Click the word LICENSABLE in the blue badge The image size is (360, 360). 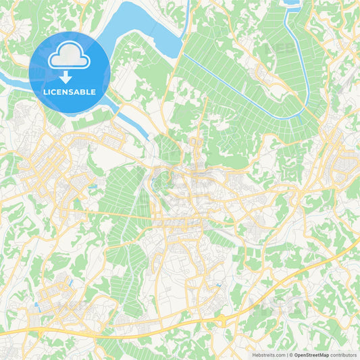[70, 92]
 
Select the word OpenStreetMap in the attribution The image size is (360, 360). [312, 355]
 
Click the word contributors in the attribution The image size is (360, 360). [344, 355]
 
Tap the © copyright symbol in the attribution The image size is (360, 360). [291, 355]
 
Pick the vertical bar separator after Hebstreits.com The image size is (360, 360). [287, 355]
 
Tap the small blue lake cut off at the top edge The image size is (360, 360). [292, 3]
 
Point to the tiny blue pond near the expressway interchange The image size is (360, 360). [218, 286]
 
